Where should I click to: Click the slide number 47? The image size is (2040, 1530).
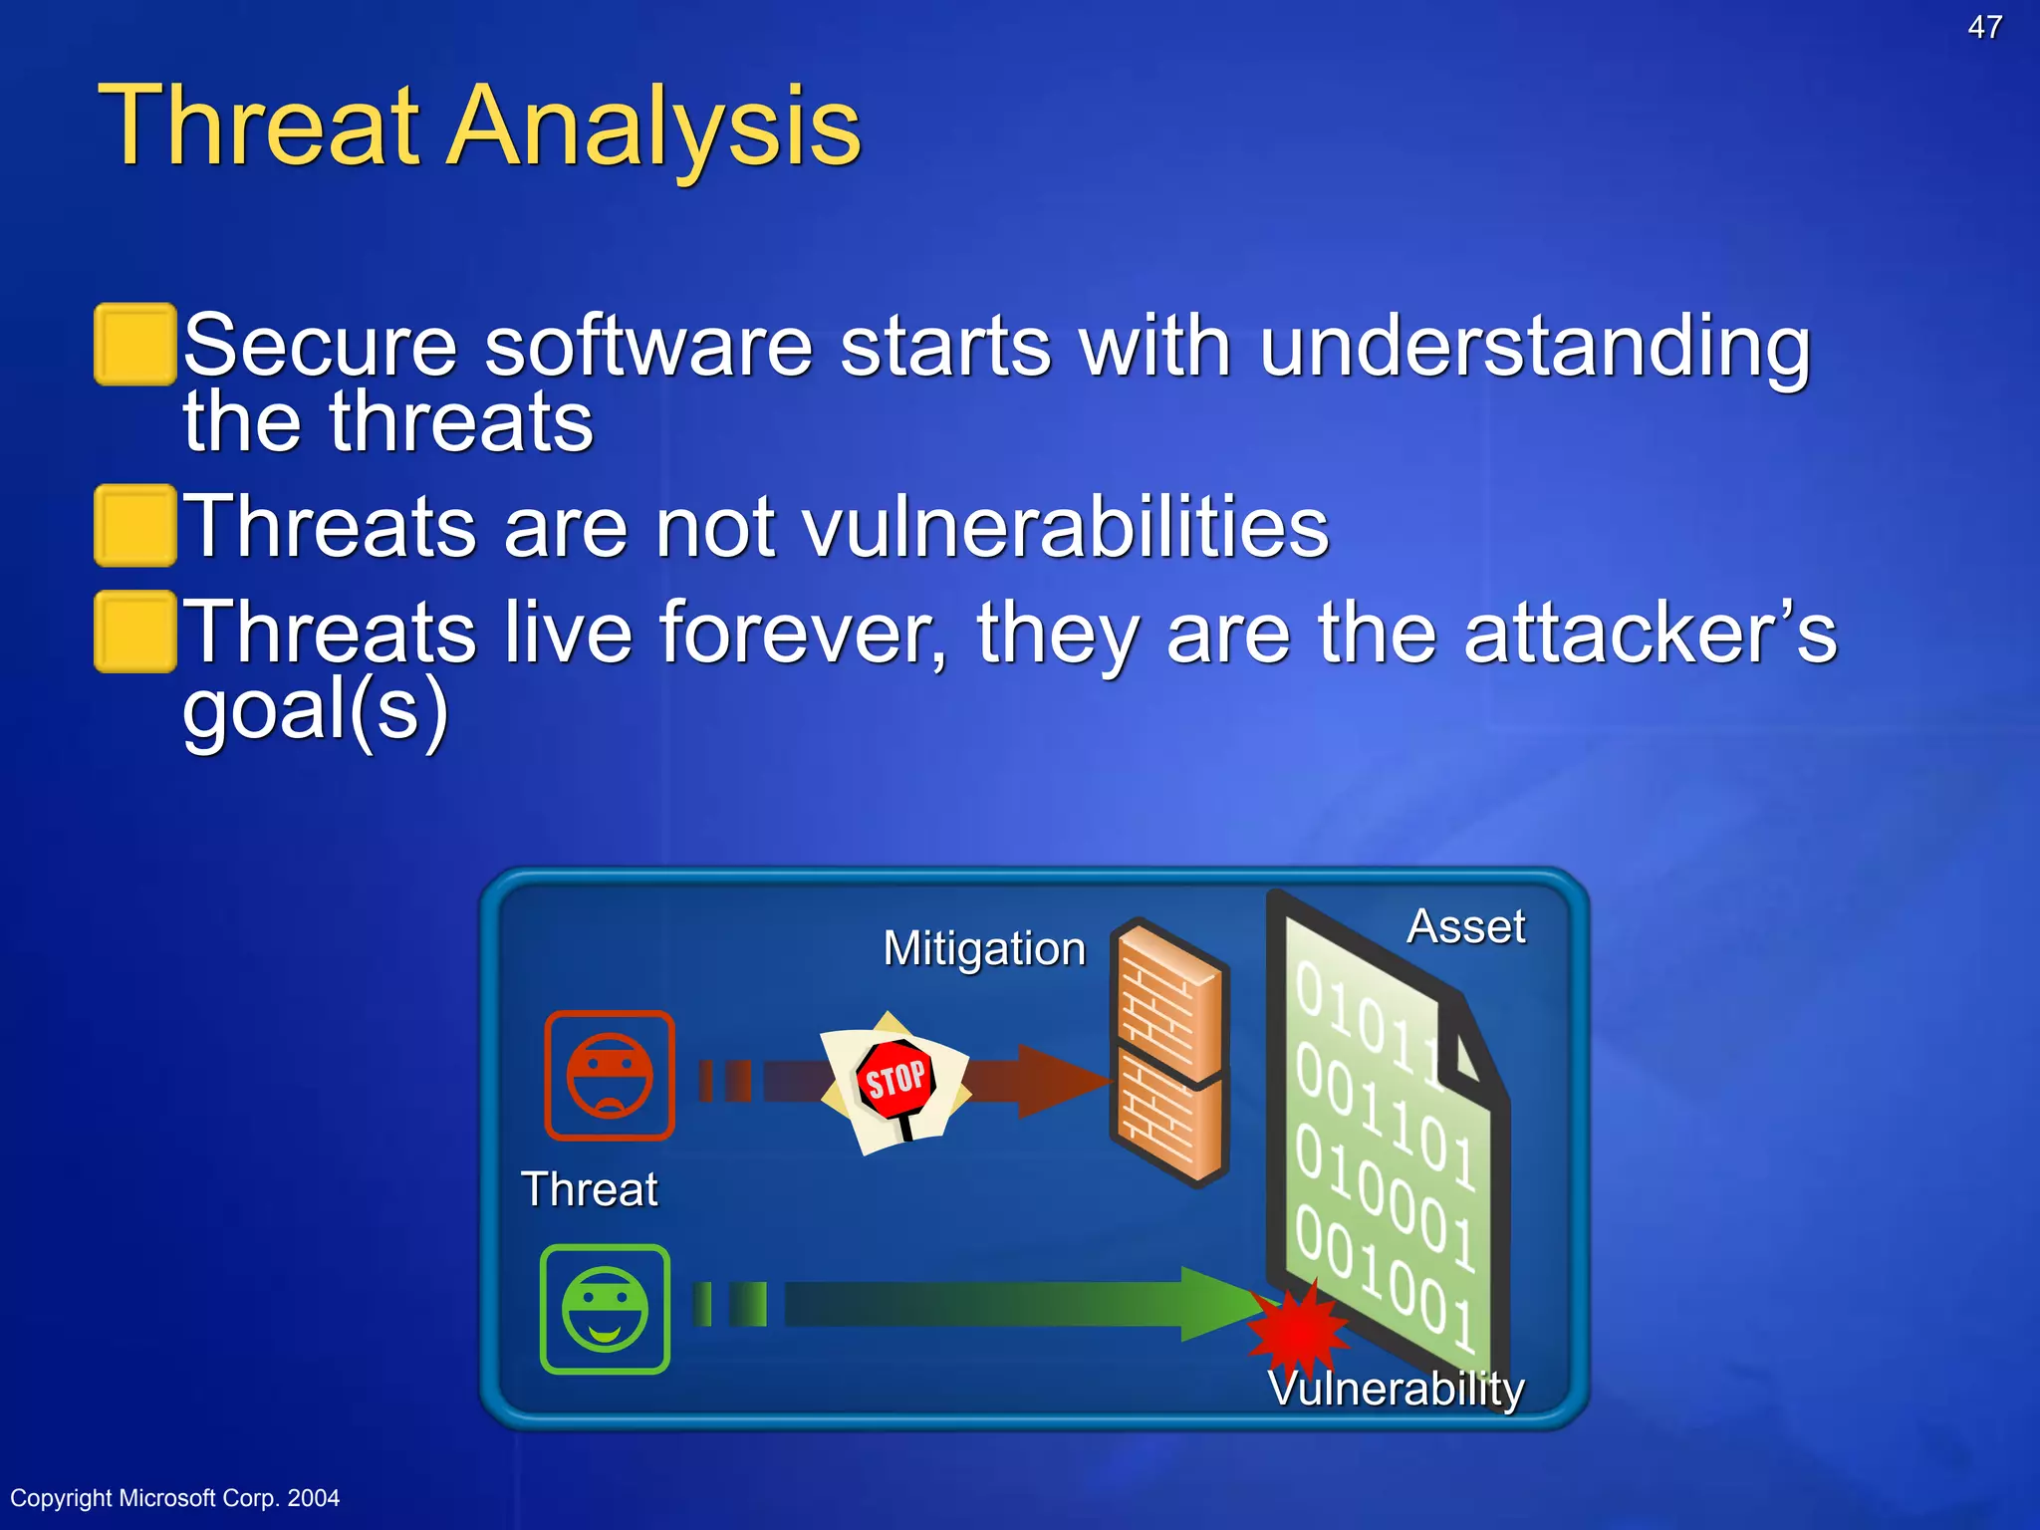tap(1984, 27)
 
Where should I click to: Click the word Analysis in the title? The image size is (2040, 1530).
tap(653, 127)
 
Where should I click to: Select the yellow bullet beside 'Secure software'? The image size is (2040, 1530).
tap(135, 345)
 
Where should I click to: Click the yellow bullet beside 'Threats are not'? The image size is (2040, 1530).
tap(135, 526)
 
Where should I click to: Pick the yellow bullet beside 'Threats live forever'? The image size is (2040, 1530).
tap(135, 632)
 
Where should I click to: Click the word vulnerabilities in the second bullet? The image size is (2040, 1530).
tap(1066, 528)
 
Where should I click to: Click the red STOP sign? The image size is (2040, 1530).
tap(894, 1080)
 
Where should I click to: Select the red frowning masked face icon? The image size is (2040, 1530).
tap(610, 1076)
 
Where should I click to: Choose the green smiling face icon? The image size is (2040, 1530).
tap(605, 1309)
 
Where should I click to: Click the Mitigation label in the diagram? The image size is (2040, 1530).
tap(984, 948)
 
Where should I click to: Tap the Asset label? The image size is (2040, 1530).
tap(1465, 927)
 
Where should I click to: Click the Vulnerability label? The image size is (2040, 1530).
tap(1396, 1389)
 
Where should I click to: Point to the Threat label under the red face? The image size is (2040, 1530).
tap(589, 1189)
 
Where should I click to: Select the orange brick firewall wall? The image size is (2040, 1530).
tap(1169, 1052)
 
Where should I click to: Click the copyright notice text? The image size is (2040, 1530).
tap(175, 1498)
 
